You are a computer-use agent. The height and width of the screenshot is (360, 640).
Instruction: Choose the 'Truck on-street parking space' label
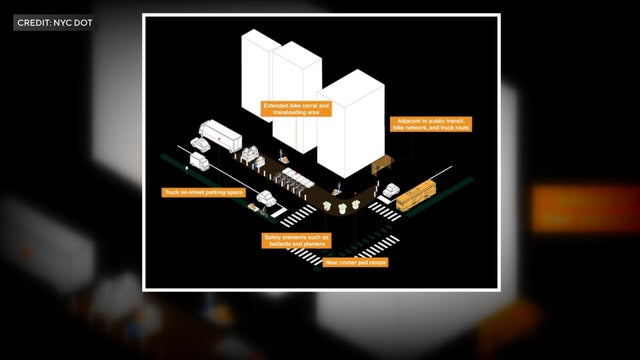204,191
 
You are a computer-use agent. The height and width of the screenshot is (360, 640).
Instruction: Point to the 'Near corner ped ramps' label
355,262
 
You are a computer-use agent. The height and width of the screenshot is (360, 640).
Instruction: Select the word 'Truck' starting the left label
171,191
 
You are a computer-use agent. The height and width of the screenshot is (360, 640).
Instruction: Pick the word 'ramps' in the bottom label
376,262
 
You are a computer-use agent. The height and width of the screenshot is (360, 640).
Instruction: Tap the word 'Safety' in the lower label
274,236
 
